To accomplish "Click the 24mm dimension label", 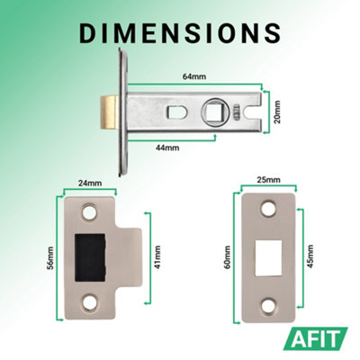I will point(90,183).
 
